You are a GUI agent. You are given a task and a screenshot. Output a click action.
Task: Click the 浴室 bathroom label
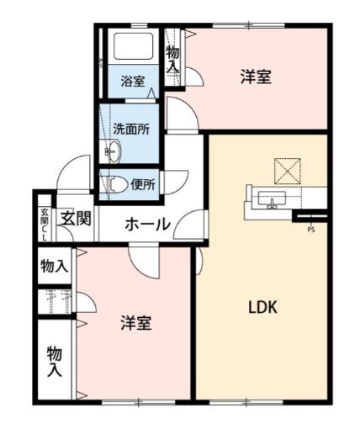(x=132, y=82)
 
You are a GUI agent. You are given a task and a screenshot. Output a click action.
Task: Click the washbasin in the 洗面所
(x=112, y=151)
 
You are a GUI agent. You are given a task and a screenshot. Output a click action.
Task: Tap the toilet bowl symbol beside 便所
(x=116, y=183)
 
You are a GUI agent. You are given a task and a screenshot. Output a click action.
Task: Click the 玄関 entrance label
(x=75, y=220)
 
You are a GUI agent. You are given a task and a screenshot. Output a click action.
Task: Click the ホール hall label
(x=148, y=225)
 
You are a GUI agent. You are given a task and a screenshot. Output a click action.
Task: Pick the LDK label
(x=262, y=307)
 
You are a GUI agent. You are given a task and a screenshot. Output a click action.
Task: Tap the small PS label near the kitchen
(x=311, y=229)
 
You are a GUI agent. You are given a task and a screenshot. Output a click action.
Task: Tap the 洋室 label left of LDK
(x=135, y=323)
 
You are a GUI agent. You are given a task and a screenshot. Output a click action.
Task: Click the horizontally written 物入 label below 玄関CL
(x=55, y=267)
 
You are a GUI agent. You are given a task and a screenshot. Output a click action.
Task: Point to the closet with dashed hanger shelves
(x=56, y=301)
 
